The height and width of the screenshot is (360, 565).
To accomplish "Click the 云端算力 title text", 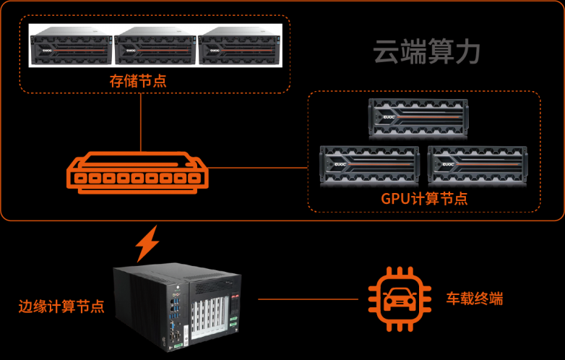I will [x=426, y=52].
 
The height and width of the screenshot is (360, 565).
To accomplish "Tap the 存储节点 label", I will [x=137, y=81].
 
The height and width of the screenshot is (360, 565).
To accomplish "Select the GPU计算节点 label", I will [x=424, y=198].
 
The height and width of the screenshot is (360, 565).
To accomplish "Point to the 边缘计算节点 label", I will [x=61, y=306].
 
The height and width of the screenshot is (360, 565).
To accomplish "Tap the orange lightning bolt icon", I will [x=148, y=244].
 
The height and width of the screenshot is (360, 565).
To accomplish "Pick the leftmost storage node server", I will [x=70, y=46].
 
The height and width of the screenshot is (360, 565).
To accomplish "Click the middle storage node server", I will [x=155, y=46].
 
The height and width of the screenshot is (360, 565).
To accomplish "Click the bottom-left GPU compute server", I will [x=369, y=165].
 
